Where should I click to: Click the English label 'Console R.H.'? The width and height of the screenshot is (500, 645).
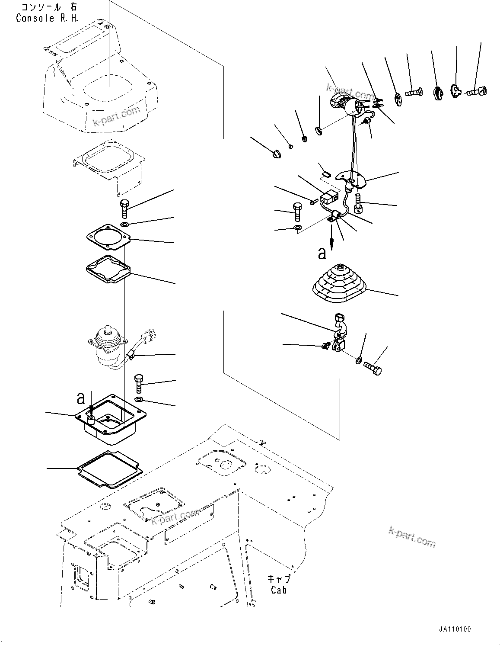coord(41,18)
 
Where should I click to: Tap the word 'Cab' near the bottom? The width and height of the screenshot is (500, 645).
coord(279,590)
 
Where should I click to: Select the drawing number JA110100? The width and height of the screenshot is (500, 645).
coord(453,629)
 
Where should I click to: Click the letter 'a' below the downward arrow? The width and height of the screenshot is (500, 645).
coord(322,254)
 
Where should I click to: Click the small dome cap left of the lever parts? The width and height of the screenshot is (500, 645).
coord(276,153)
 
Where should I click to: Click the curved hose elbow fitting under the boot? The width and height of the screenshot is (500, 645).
coord(339,333)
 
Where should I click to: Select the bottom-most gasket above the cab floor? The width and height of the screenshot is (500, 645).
coord(110,470)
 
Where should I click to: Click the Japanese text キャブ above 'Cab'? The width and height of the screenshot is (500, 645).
coord(279,579)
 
